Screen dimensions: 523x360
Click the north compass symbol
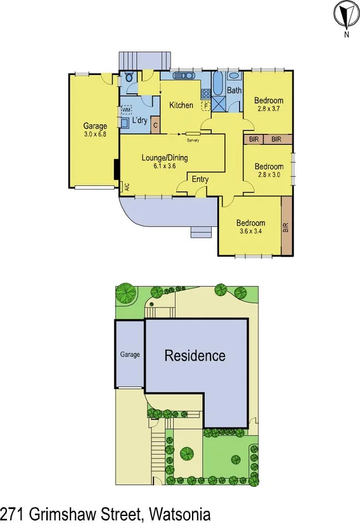(x=345, y=15)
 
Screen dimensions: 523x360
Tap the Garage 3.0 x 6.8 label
(x=95, y=130)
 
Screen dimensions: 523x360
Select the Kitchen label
(x=181, y=105)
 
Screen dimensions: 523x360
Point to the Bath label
(x=234, y=91)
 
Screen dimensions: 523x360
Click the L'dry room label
(x=141, y=120)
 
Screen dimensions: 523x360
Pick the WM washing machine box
(x=126, y=110)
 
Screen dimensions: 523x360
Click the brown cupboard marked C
(x=156, y=125)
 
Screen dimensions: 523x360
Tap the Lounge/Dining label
(x=164, y=161)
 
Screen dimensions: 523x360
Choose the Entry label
(x=200, y=179)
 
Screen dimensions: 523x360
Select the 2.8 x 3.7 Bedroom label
(x=269, y=105)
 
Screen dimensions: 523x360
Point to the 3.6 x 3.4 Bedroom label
(x=250, y=226)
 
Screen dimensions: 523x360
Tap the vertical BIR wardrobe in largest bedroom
(x=286, y=226)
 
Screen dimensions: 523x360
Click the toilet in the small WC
(x=129, y=77)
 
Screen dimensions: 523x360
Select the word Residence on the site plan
(x=195, y=356)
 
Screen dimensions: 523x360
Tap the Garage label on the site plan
(x=130, y=354)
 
